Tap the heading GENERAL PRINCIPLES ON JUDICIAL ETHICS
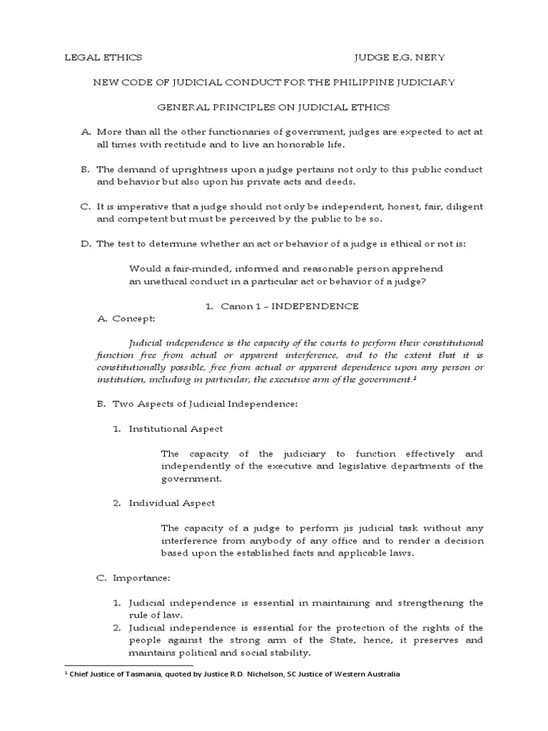(x=273, y=107)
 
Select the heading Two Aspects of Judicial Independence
(x=204, y=404)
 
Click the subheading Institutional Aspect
(x=176, y=428)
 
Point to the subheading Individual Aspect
(x=172, y=503)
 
